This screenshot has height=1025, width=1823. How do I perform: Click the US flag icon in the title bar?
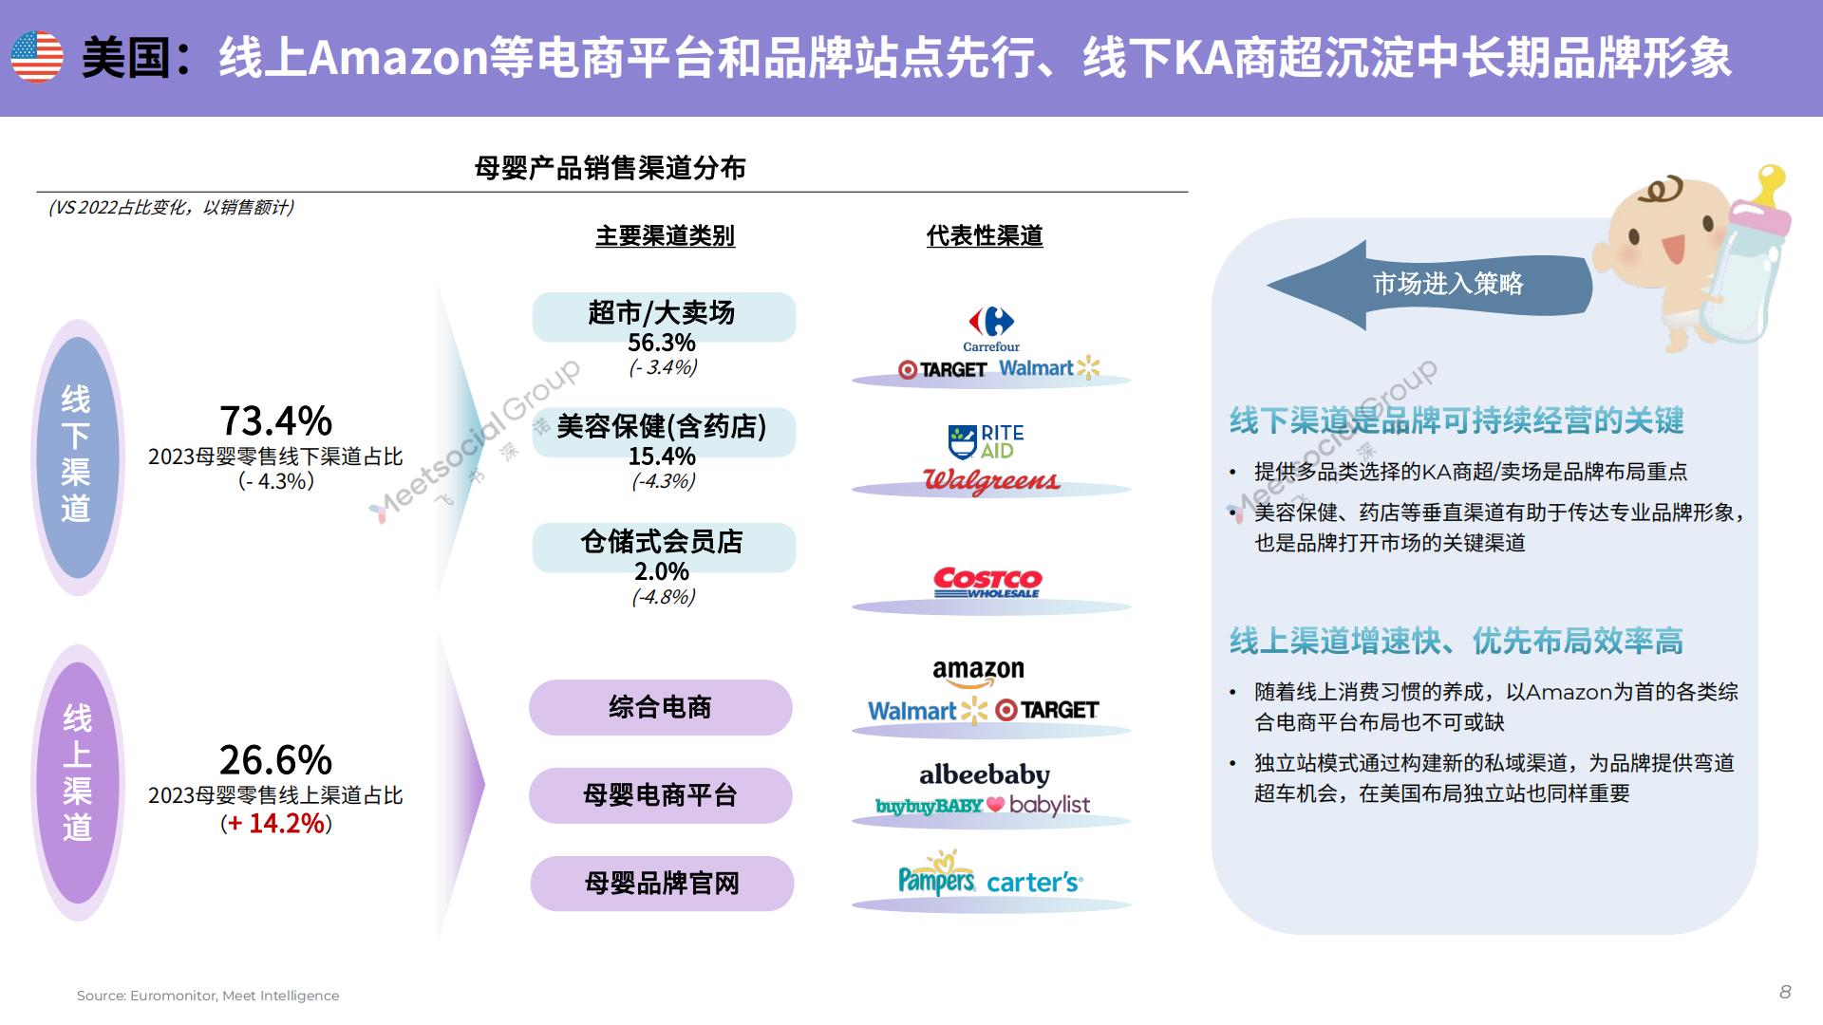tap(37, 56)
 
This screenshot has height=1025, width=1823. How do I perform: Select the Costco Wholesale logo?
tap(987, 583)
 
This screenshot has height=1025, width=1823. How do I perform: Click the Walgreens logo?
tap(991, 481)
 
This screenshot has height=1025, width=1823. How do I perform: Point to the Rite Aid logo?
tap(987, 441)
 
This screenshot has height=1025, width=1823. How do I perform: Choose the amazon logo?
tap(978, 673)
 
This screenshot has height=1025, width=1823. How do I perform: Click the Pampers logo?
tap(937, 874)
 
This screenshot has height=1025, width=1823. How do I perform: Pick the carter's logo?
tap(1035, 883)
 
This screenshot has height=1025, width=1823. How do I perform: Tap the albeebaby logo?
tap(985, 775)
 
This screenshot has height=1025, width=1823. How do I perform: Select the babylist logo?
tap(1049, 805)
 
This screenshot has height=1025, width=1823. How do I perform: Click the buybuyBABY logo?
tap(930, 806)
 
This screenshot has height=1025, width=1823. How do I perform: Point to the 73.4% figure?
tap(276, 419)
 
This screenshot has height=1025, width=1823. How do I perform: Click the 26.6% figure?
tap(276, 759)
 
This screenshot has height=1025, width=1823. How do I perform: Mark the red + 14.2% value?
tap(276, 823)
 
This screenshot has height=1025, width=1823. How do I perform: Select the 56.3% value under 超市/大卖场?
tap(662, 343)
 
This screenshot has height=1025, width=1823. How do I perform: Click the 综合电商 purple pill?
tap(661, 707)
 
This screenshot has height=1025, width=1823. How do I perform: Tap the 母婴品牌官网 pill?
tap(662, 884)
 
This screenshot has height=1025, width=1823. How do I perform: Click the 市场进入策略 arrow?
tap(1429, 285)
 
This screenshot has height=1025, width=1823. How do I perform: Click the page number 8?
tap(1785, 992)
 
